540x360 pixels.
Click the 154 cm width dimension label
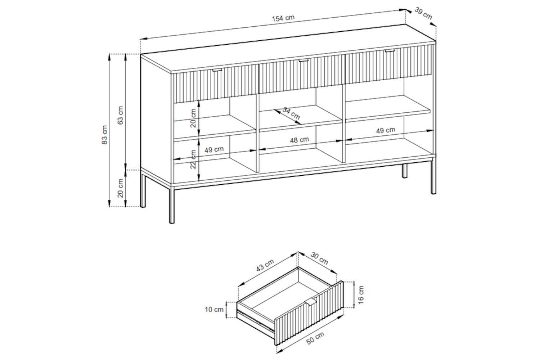tap(283, 18)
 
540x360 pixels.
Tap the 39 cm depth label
tap(423, 14)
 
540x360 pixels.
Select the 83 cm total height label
tap(104, 135)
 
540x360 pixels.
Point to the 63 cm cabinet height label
tap(121, 115)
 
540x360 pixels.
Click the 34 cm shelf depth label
tap(291, 113)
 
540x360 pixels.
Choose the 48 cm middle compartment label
tap(300, 140)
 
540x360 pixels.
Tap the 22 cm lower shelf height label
tap(193, 159)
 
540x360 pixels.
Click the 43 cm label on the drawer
tap(265, 265)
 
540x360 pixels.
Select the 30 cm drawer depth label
tap(319, 258)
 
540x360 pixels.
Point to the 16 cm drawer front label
tap(361, 295)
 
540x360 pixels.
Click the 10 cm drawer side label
tap(214, 309)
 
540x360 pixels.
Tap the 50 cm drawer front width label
tap(315, 338)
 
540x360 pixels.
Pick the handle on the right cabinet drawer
tap(390, 51)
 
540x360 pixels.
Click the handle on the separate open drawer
tap(312, 303)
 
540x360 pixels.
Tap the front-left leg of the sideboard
tap(172, 204)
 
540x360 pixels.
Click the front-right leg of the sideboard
tap(433, 176)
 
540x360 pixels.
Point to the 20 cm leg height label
tap(121, 188)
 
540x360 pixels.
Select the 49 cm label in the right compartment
tap(386, 130)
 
